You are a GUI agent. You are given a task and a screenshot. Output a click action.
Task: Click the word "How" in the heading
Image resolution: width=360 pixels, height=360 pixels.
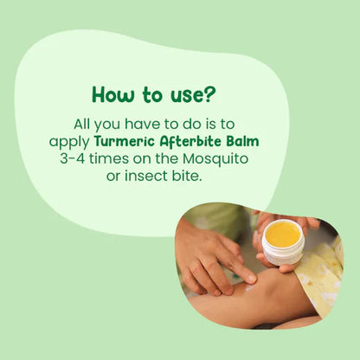[112, 93]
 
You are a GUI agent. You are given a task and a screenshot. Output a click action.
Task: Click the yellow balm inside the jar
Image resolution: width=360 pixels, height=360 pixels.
[282, 232]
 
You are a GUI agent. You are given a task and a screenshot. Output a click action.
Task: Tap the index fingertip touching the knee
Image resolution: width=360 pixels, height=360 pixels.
[250, 278]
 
